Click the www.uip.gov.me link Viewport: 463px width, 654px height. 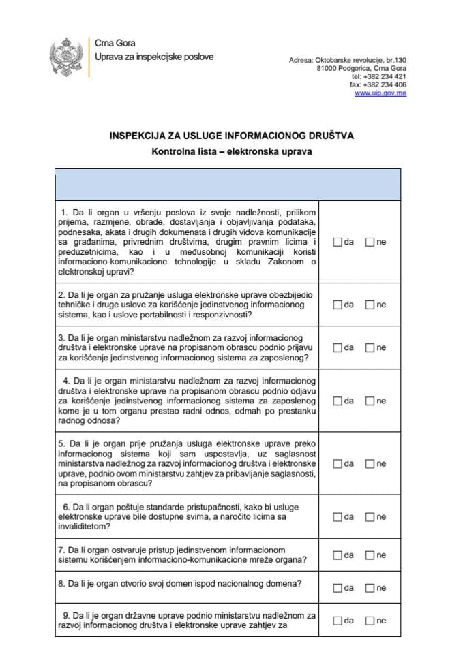click(380, 93)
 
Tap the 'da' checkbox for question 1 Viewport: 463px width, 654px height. click(338, 242)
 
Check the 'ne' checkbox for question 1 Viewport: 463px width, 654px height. click(370, 242)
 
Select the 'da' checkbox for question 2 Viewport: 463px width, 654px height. click(338, 305)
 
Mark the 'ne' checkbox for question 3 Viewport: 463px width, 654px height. click(370, 347)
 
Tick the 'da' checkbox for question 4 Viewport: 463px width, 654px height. click(338, 401)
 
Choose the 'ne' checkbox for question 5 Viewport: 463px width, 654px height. click(370, 464)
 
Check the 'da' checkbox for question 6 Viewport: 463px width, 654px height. click(338, 517)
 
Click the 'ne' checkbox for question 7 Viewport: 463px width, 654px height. click(370, 555)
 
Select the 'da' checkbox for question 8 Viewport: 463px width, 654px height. click(338, 588)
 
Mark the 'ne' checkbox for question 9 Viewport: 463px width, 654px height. click(370, 621)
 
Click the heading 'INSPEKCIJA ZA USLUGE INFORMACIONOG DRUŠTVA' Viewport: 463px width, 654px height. click(231, 136)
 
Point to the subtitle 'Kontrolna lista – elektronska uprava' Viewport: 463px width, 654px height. click(231, 152)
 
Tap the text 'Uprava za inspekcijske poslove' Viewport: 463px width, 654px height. click(154, 57)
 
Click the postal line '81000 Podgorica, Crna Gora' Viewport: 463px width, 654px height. click(361, 69)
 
